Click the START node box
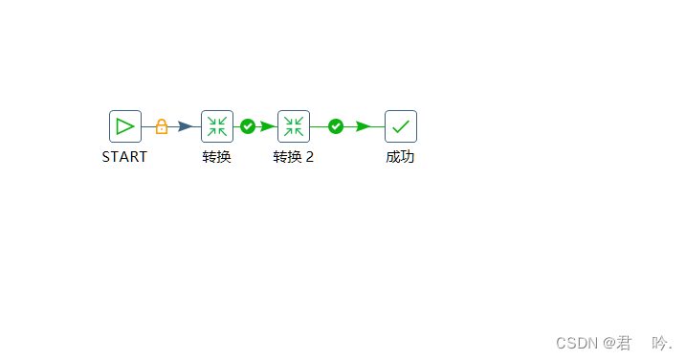pos(125,126)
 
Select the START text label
pos(124,157)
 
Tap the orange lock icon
pos(162,126)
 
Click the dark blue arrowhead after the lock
pos(186,126)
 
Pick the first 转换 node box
pos(217,126)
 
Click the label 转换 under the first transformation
pos(216,157)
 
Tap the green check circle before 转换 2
pos(248,126)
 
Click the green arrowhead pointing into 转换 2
pos(268,126)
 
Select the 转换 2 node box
pos(294,126)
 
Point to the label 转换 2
pos(293,157)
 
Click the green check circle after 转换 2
pos(336,126)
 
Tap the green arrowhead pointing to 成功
pos(364,126)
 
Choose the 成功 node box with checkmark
pos(401,126)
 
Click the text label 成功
pos(400,157)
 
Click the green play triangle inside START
pos(125,126)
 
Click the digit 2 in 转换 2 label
pos(310,157)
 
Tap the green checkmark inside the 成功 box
pos(401,126)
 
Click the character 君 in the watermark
pos(625,343)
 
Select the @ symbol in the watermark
pos(609,343)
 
